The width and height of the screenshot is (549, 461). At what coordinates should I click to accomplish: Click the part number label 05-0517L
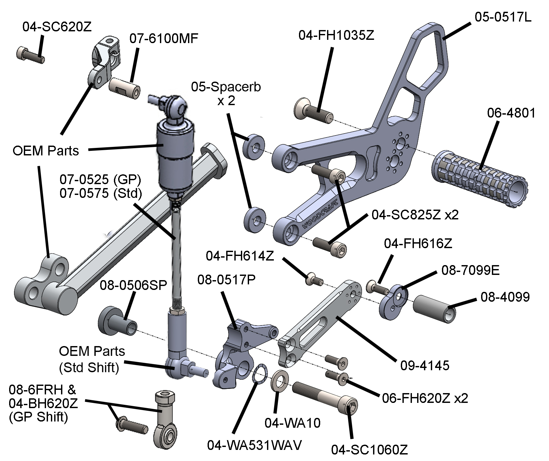coord(503,17)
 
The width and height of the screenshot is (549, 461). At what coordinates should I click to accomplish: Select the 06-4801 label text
coord(511,113)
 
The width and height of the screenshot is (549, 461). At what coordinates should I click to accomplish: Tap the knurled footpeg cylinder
coord(479,179)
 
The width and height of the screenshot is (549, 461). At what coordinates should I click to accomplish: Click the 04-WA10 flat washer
coord(279,381)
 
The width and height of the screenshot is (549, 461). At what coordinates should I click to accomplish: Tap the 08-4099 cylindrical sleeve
coord(434,309)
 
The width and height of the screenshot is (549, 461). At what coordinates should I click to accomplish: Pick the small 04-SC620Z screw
coord(30,55)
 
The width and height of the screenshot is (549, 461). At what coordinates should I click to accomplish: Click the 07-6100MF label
coord(164,39)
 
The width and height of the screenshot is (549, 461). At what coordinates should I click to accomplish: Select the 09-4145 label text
coord(425,365)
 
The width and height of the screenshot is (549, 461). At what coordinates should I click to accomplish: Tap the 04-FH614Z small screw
coord(314,279)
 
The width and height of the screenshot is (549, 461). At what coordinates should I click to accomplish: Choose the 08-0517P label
coord(226,279)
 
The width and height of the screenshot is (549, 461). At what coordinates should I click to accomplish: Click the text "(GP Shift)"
coord(39,418)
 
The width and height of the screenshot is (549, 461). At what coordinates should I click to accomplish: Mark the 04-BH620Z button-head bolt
coord(131,426)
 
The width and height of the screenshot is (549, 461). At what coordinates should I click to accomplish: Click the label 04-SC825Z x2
coord(415,215)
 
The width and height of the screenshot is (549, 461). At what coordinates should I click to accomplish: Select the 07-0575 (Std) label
coord(101,194)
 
